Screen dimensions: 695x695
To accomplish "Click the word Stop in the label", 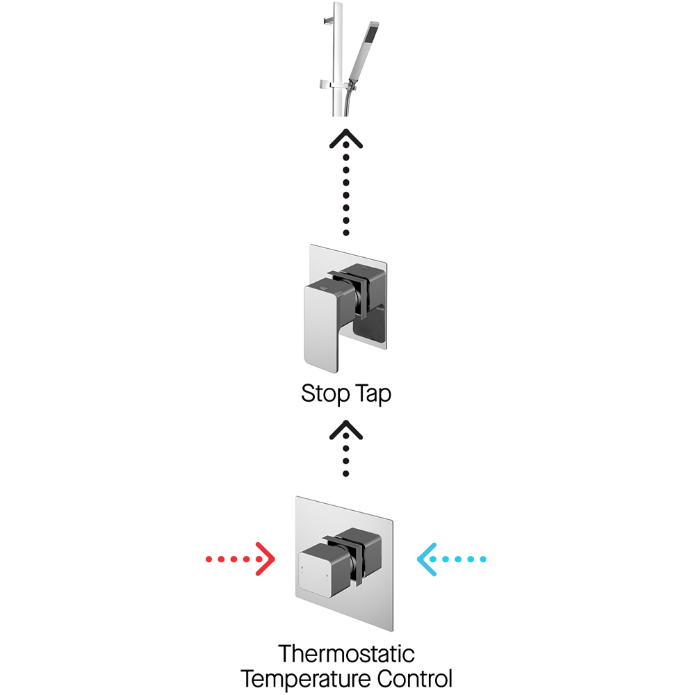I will tap(324, 394).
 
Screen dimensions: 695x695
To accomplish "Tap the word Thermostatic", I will tap(346, 654).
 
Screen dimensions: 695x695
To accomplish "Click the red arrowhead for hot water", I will tap(265, 559).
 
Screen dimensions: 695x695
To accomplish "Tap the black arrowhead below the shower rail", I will tap(346, 138).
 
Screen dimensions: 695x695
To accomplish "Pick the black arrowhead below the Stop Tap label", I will tap(346, 429).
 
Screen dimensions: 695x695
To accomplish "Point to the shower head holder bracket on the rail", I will tap(332, 85).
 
